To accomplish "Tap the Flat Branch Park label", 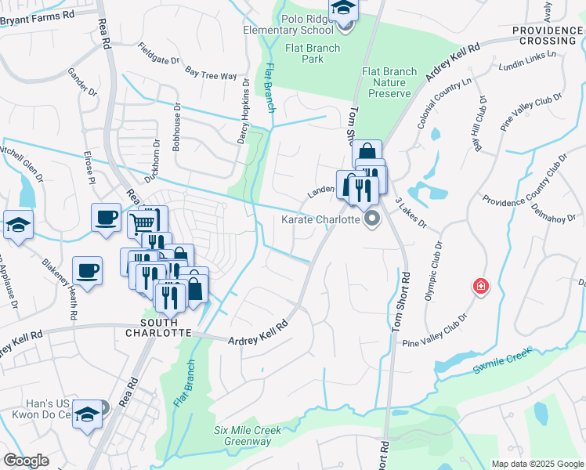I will click(312, 53).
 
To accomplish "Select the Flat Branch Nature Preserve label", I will click(389, 82).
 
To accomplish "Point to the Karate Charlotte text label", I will click(321, 219).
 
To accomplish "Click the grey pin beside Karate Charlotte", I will click(372, 219).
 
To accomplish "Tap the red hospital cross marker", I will click(480, 287).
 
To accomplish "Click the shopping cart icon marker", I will click(143, 223).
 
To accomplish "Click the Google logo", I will click(26, 460).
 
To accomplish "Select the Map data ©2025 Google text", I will click(537, 464).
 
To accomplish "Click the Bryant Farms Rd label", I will click(38, 14).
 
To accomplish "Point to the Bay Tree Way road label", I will click(211, 74).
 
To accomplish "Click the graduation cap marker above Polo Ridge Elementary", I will click(343, 9).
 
